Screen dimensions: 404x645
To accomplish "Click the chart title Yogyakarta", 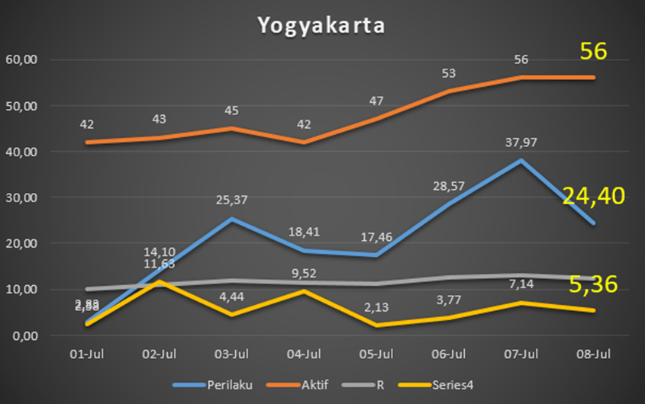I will [321, 24].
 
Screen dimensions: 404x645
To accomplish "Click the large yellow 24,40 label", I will [594, 197].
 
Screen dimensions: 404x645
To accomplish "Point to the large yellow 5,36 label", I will [594, 284].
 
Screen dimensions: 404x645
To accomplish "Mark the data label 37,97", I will [521, 142].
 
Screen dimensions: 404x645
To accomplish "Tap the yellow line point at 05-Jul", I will [376, 325].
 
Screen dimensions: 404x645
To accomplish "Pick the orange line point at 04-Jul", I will [304, 143].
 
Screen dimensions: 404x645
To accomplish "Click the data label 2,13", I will [376, 307].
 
